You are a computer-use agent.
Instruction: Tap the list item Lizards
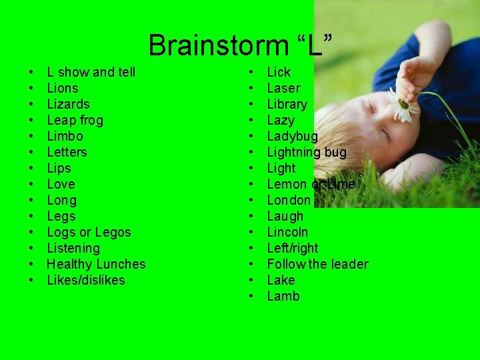pos(68,104)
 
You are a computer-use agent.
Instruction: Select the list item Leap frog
pos(75,120)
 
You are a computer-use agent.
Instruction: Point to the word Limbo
pos(65,136)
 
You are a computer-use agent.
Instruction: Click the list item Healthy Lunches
pos(96,264)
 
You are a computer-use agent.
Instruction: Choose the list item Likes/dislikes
pos(86,280)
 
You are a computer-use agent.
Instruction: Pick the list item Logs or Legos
pos(89,232)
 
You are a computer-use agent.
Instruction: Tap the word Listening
pos(73,248)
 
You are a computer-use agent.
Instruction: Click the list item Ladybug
pos(292,136)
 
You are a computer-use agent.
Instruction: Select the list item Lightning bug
pos(307,152)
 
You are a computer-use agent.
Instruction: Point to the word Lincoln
pos(287,232)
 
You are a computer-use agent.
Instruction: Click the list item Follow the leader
pos(317,264)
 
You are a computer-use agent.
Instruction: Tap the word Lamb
pos(283,296)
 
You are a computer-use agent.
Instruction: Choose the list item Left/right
pos(293,248)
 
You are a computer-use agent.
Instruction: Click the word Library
pos(287,104)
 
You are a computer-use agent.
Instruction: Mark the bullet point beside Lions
pos(31,88)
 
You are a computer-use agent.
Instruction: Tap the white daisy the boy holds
pos(402,105)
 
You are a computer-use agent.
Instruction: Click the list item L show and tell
pos(91,72)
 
